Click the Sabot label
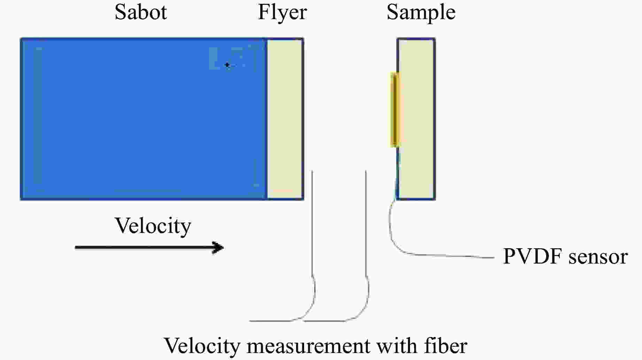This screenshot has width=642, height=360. [x=141, y=12]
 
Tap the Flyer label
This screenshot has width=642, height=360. [x=282, y=13]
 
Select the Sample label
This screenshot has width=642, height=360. [x=421, y=13]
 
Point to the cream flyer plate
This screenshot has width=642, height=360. [x=285, y=118]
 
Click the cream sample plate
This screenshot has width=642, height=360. [x=417, y=118]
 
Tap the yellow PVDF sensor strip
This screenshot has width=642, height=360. [x=394, y=109]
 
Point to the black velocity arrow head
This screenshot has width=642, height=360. [x=219, y=248]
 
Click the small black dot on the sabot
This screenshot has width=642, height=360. [x=227, y=65]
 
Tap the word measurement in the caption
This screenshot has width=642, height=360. [x=308, y=346]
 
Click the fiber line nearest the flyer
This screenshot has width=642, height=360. [x=312, y=226]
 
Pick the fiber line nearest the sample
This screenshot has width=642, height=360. [x=366, y=226]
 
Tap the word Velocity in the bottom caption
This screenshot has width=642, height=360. [x=202, y=346]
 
